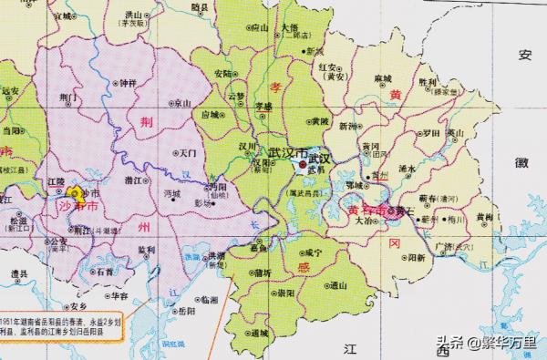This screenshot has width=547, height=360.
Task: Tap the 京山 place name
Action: tap(181, 104)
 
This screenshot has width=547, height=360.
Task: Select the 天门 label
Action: tap(188, 153)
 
